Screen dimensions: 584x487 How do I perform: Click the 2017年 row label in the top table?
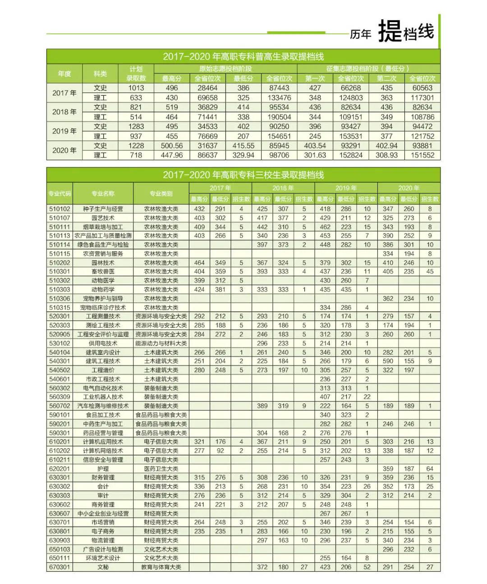pos(64,93)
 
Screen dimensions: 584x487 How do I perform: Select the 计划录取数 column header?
pos(136,74)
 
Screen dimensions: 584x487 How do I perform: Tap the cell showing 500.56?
pos(171,146)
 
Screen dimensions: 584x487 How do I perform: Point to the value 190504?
pos(279,117)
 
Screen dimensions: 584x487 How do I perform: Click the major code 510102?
pos(60,209)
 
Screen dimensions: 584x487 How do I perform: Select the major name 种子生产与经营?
pos(103,209)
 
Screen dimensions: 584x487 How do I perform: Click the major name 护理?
pos(103,468)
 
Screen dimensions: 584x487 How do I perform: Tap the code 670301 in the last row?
pos(60,567)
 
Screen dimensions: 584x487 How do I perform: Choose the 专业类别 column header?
pos(161,194)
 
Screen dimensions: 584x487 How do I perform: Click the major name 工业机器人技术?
pos(103,397)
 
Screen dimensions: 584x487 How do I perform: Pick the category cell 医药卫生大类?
pos(161,468)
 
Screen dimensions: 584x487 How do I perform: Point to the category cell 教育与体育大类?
pos(161,567)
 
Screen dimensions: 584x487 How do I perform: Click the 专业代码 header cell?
pos(60,194)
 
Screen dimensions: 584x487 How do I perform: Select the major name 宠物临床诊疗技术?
pos(103,307)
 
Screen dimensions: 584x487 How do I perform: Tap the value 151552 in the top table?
pos(423,155)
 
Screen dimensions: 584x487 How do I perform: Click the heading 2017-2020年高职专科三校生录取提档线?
pos(243,175)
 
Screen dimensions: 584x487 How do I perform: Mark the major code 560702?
pos(60,406)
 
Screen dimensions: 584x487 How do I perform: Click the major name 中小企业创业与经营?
pos(103,513)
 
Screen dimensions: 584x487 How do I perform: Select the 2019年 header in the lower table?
pos(346,188)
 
